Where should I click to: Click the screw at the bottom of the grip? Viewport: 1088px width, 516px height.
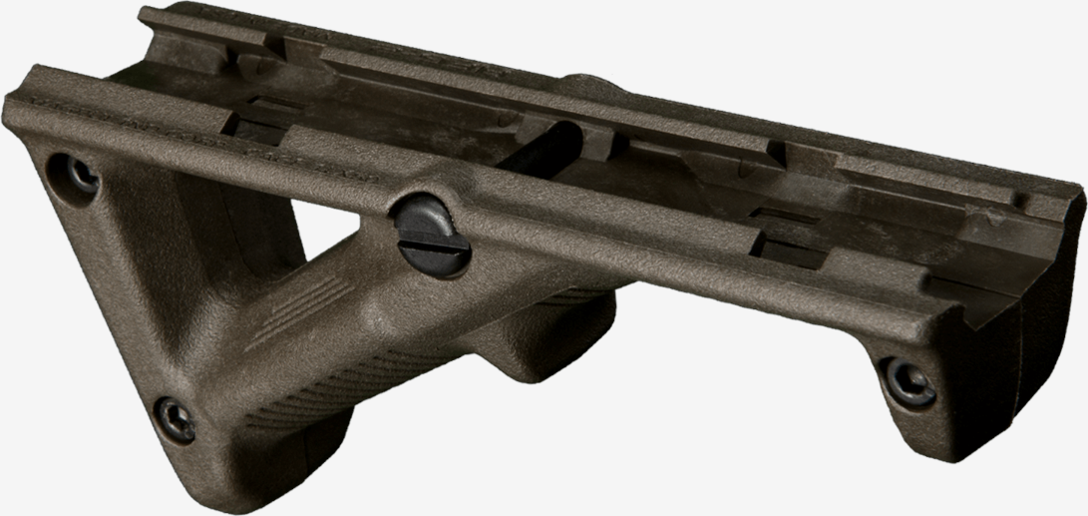pyautogui.click(x=176, y=419)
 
